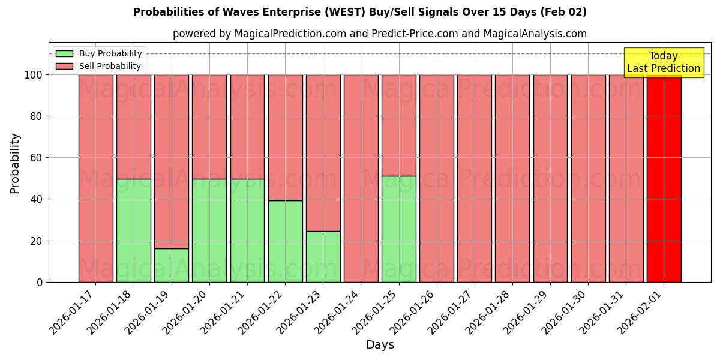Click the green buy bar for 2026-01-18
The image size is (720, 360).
133,230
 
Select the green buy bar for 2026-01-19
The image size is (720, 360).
172,265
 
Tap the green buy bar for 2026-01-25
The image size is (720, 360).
398,229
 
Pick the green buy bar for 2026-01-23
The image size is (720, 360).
323,256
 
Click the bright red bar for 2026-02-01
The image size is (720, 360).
664,178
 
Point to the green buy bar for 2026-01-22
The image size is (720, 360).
285,241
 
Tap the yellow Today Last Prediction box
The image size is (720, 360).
663,62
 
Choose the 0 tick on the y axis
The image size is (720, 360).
40,282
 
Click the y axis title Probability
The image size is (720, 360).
15,163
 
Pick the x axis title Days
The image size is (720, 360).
380,345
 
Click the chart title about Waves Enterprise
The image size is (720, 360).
360,12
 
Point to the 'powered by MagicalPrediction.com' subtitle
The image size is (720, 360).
380,34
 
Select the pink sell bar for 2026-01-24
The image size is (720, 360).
361,178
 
